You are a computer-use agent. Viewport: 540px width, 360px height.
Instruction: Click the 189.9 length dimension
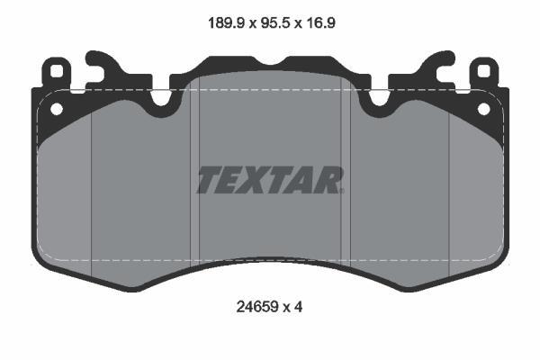click(226, 23)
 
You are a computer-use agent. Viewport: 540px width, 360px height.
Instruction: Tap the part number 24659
click(256, 307)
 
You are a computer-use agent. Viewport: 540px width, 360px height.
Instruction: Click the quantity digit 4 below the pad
click(298, 307)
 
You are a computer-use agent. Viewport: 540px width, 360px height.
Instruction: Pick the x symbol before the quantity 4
click(286, 308)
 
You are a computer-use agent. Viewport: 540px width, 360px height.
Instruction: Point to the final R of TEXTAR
click(328, 180)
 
